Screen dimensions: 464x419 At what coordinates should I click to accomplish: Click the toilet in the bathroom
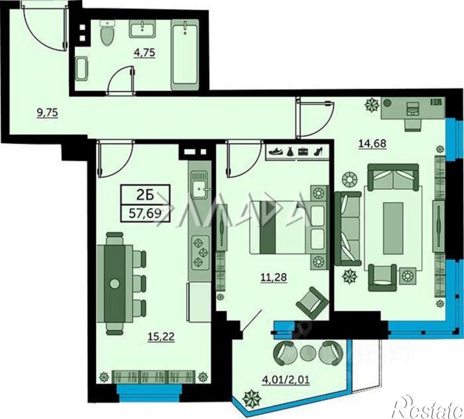point(107,34)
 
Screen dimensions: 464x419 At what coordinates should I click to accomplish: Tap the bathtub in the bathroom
point(185,55)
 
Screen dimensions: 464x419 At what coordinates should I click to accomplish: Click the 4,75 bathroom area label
point(144,53)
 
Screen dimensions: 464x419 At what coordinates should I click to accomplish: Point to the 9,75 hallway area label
point(47,113)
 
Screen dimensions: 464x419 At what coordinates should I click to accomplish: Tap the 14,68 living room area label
point(372,144)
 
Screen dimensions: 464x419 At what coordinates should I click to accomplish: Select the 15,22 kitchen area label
point(161,336)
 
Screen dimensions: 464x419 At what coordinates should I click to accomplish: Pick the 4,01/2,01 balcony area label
point(286,379)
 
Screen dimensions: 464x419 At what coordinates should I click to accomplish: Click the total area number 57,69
point(145,213)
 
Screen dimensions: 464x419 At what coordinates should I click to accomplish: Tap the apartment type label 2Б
point(145,195)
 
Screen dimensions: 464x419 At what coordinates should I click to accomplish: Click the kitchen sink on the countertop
point(200,186)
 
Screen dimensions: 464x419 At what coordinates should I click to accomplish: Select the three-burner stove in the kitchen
point(200,252)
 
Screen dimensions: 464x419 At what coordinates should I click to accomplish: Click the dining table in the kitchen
point(115,283)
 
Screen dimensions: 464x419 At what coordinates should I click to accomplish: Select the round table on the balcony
point(308,352)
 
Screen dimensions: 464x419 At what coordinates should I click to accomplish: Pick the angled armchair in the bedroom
point(312,303)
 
